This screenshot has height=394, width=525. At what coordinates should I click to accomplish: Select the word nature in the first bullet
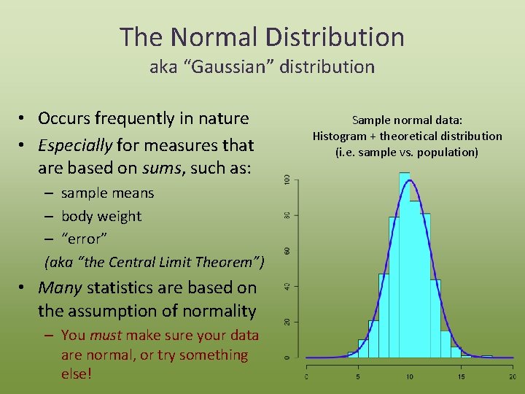[222, 118]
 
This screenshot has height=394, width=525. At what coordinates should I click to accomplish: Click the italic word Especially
[75, 145]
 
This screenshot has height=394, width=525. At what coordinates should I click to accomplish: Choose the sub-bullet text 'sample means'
[107, 193]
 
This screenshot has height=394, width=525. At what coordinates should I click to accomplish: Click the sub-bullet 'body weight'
[101, 217]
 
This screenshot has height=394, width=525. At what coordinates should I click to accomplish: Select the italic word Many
[59, 287]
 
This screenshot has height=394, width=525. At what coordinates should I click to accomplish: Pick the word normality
[218, 311]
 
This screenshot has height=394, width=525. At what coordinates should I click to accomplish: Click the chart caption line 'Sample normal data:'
[407, 120]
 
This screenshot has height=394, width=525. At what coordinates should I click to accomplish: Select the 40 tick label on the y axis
[287, 286]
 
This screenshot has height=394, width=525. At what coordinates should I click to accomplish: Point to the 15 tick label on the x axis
[460, 376]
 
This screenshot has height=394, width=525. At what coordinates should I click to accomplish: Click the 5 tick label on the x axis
[358, 376]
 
